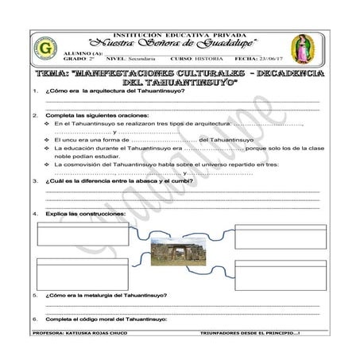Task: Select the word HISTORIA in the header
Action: pyautogui.click(x=209, y=59)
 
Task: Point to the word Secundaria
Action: pyautogui.click(x=138, y=59)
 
